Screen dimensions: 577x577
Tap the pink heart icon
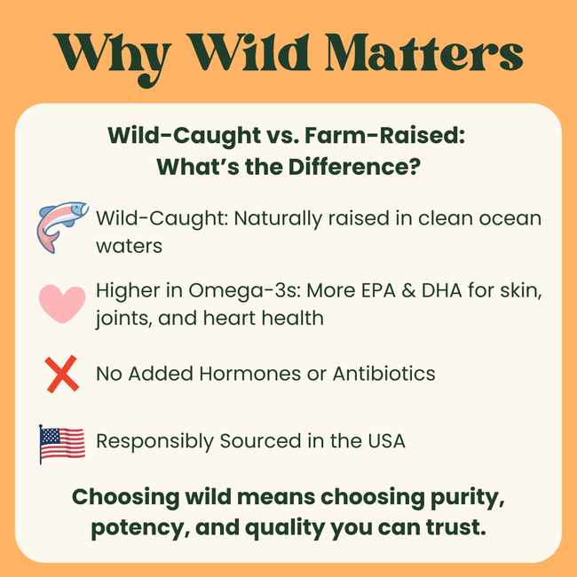62,303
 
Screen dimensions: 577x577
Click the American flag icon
62,443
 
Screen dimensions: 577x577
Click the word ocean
506,217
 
